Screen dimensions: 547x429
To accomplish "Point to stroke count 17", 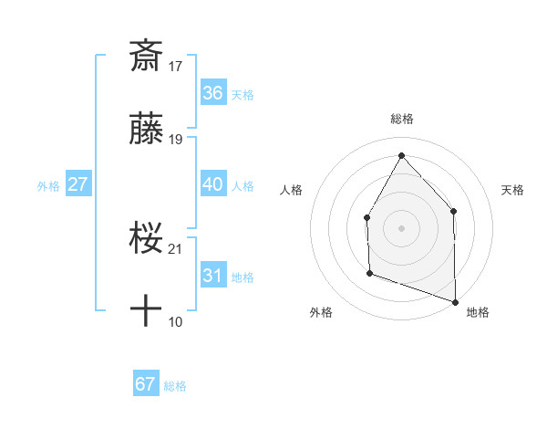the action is [177, 66].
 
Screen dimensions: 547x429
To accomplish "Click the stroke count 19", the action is [177, 140].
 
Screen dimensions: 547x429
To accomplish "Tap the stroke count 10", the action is [177, 322].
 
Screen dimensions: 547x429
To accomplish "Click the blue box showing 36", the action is [213, 93].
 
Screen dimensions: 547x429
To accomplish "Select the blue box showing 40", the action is [213, 184].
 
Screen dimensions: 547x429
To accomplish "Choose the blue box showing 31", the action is [213, 276].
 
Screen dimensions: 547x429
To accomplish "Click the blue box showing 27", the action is [78, 184].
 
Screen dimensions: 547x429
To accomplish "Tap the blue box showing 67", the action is [146, 384].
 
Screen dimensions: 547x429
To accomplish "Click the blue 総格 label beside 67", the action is [175, 386].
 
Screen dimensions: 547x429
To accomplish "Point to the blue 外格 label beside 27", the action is [48, 186].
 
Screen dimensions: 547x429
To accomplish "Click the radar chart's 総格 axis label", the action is [401, 119].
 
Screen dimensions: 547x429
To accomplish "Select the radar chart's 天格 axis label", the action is [513, 190].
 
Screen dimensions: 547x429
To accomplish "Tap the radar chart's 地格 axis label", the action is [478, 313].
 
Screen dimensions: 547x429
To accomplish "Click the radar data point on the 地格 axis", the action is [455, 301].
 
